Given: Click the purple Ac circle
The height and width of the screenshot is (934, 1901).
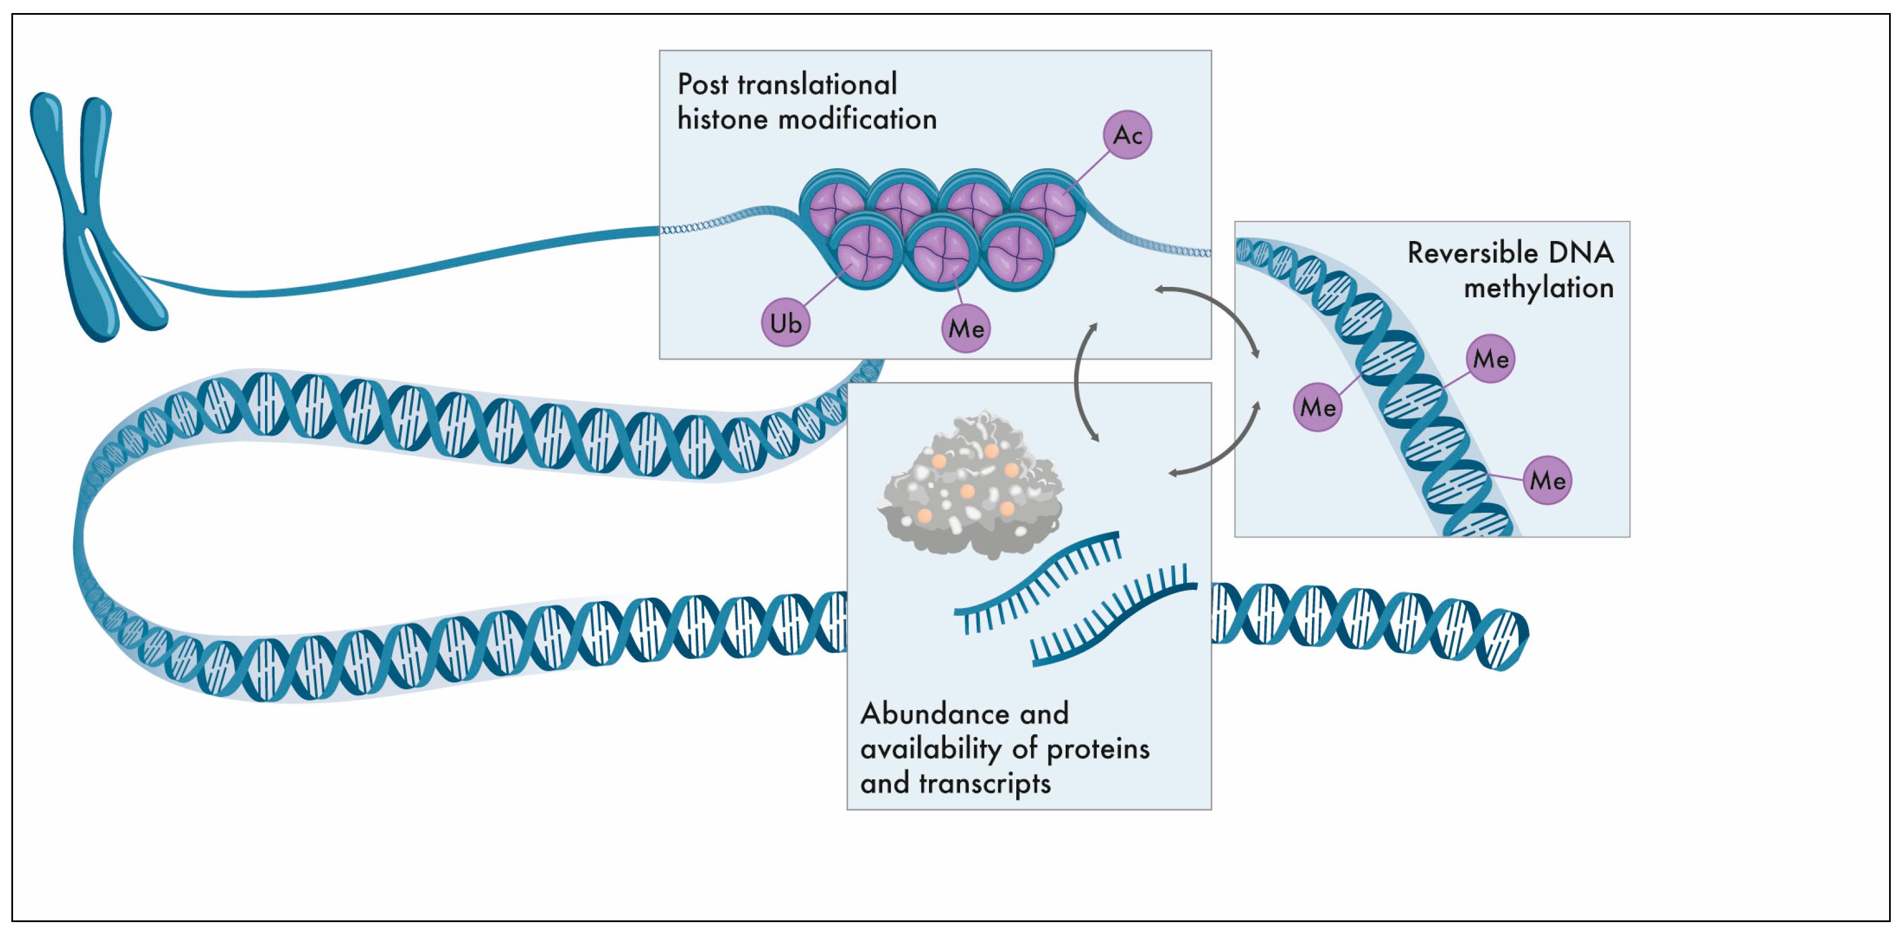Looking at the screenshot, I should click(x=1127, y=135).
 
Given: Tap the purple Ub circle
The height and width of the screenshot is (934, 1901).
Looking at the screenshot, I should click(x=785, y=323).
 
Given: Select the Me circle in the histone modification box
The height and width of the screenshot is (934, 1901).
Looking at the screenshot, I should click(x=965, y=328).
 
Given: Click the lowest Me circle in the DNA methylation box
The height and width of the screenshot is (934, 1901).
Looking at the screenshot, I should click(x=1547, y=480).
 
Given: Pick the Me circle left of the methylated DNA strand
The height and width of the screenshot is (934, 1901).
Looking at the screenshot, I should click(x=1317, y=407).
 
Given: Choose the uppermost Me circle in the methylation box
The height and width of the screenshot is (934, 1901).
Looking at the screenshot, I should click(x=1490, y=358).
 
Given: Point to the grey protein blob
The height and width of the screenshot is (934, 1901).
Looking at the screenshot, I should click(x=970, y=487).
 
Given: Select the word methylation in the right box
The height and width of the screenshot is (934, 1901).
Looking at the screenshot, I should click(x=1538, y=288).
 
